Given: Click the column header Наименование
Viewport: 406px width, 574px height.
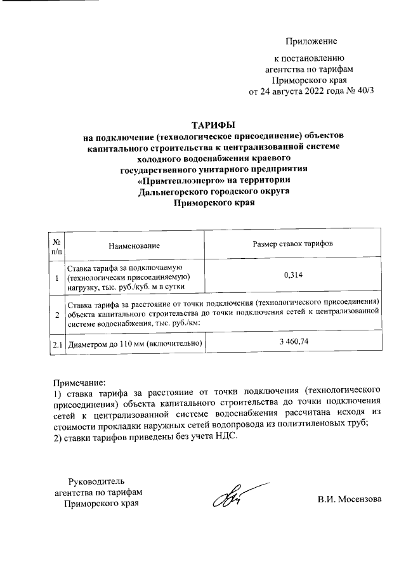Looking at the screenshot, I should [x=134, y=245].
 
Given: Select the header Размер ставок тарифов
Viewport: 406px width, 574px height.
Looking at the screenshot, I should [x=292, y=244].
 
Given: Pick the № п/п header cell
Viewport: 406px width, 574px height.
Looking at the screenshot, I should [x=56, y=245].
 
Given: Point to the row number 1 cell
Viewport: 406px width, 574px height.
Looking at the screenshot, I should [x=56, y=277].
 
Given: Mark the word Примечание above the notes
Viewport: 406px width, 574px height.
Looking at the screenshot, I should [x=78, y=384].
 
